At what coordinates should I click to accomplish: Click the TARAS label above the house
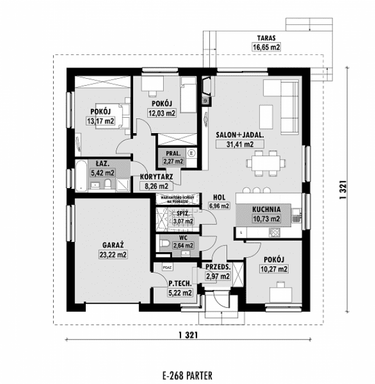tap(266, 37)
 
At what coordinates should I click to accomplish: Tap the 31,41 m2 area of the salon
tap(240, 144)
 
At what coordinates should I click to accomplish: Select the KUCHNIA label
tap(266, 209)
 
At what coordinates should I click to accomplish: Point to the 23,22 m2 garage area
tap(112, 255)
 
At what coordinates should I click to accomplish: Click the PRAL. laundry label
tap(173, 153)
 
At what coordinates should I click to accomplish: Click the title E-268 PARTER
tap(186, 375)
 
